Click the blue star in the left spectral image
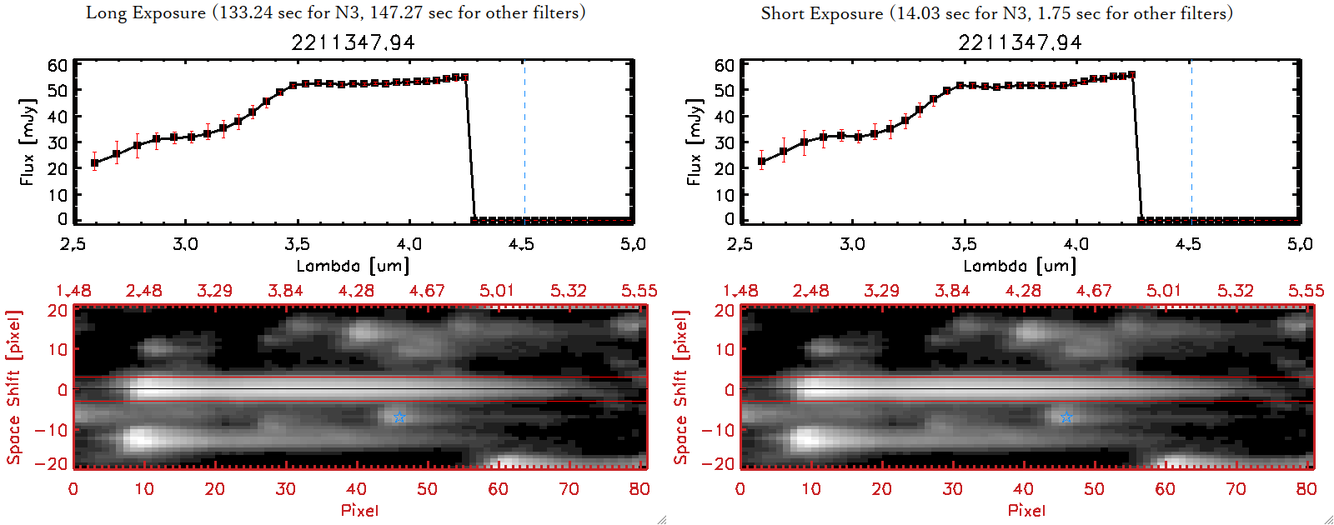point(399,417)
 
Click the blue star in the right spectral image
point(1066,417)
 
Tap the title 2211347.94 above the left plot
point(353,42)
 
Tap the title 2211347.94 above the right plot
point(1020,42)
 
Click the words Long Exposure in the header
point(146,12)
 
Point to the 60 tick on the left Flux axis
point(58,65)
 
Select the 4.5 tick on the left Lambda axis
point(521,244)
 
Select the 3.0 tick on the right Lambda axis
point(852,244)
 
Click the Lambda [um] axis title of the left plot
point(353,266)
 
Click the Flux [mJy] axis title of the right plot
point(694,142)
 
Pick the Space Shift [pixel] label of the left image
point(13,387)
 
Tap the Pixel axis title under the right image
point(1026,510)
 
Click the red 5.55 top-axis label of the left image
point(639,291)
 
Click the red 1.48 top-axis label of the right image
point(740,291)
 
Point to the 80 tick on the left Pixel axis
point(639,489)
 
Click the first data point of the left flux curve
point(95,163)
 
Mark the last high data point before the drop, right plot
point(1131,75)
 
